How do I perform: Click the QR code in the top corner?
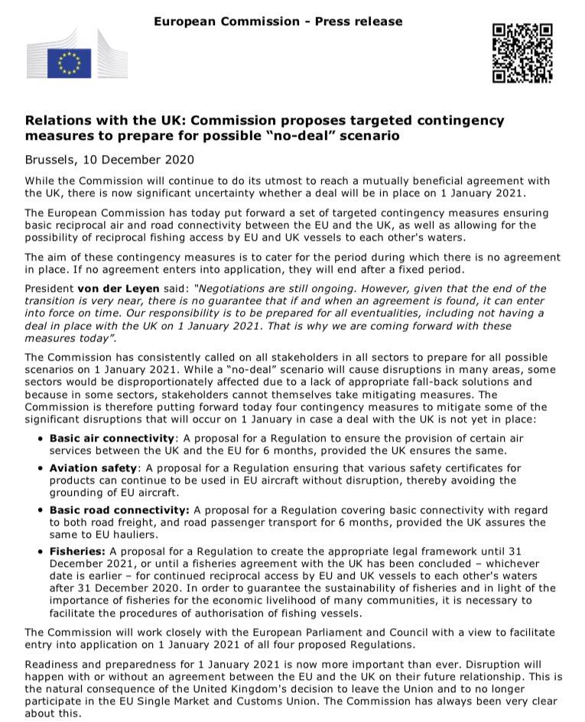coord(522,53)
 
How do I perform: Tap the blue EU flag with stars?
coord(70,63)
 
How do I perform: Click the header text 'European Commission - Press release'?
coord(278,21)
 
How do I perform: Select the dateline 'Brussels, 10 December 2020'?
coord(109,160)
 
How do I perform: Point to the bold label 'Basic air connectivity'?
coord(112,438)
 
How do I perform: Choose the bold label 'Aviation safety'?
coord(93,467)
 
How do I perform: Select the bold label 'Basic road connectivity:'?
coord(119,510)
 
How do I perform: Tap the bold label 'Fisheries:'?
coord(78,551)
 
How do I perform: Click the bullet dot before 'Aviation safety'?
coord(40,468)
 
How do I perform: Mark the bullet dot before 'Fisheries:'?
coord(40,552)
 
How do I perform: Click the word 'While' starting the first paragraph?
coord(41,180)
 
